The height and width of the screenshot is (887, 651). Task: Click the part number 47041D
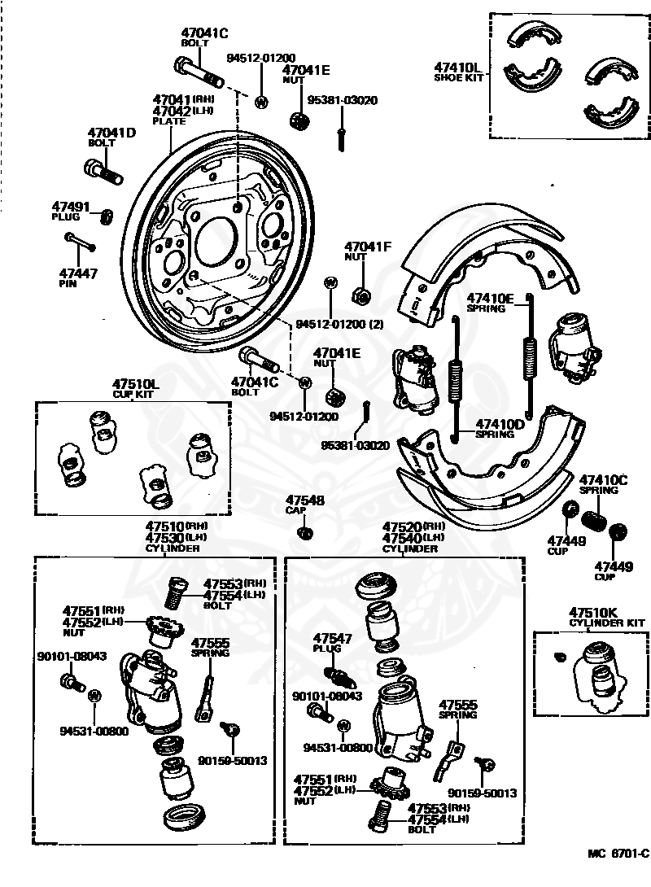(x=111, y=133)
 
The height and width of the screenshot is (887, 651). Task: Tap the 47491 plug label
(x=70, y=211)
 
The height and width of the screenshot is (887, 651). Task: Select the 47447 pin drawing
(x=81, y=243)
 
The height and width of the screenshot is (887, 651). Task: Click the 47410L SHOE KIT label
(x=459, y=72)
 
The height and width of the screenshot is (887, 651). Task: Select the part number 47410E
(x=490, y=298)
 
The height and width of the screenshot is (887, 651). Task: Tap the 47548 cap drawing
(x=305, y=533)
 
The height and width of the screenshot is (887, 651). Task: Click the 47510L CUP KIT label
(x=134, y=389)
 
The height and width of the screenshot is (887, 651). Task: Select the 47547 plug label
(x=333, y=643)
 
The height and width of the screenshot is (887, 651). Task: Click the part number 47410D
(x=500, y=424)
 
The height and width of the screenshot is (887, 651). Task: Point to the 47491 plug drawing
(x=106, y=216)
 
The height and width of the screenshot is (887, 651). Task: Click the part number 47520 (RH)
(x=413, y=527)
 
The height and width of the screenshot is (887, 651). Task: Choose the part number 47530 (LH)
(x=176, y=537)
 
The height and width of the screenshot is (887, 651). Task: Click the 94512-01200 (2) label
(x=340, y=325)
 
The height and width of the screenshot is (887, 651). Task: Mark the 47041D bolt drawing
(x=103, y=171)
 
